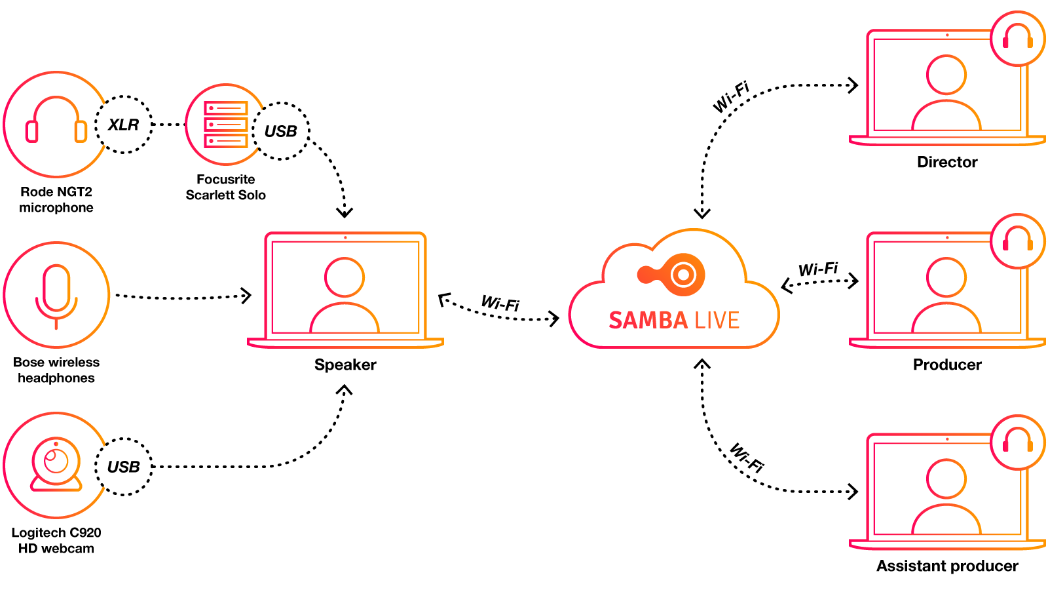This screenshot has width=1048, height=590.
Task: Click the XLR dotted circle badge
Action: (x=124, y=125)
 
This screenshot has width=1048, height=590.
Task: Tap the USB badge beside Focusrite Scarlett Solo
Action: (x=281, y=131)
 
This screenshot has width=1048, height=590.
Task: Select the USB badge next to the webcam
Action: (x=124, y=467)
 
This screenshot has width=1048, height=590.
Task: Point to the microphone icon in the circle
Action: (x=56, y=295)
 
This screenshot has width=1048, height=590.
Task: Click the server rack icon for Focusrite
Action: (x=225, y=125)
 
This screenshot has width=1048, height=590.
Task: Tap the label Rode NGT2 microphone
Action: (x=56, y=199)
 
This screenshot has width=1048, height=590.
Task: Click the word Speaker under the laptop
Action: (x=345, y=364)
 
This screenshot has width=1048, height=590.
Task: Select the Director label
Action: (x=947, y=162)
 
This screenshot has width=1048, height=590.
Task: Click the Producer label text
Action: (x=947, y=364)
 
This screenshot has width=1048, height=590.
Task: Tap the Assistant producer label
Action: (x=947, y=566)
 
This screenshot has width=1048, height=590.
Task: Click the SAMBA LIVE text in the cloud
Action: (x=674, y=320)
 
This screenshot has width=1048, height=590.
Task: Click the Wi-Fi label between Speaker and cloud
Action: (x=500, y=303)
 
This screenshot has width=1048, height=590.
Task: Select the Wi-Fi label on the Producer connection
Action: (x=818, y=269)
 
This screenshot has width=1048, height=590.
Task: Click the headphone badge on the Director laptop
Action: (x=1017, y=38)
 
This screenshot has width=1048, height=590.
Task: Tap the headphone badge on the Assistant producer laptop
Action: (x=1017, y=442)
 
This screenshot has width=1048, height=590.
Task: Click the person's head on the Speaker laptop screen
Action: (x=345, y=277)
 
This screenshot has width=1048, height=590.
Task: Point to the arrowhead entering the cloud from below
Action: (x=702, y=364)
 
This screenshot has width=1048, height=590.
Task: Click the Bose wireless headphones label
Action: (x=56, y=370)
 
